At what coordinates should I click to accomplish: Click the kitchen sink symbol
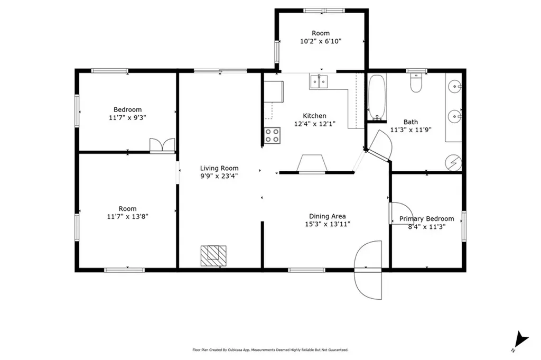pyautogui.click(x=319, y=81)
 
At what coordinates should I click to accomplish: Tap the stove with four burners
pyautogui.click(x=272, y=135)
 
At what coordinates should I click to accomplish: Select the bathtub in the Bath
pyautogui.click(x=377, y=98)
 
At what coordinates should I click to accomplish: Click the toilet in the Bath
pyautogui.click(x=416, y=84)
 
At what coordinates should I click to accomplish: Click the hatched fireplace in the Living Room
pyautogui.click(x=213, y=256)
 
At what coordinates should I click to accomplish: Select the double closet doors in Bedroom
pyautogui.click(x=162, y=146)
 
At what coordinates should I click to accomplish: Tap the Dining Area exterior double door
pyautogui.click(x=368, y=269)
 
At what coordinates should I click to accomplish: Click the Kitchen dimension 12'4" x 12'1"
pyautogui.click(x=314, y=124)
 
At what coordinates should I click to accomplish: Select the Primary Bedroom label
pyautogui.click(x=426, y=219)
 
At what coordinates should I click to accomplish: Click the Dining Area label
pyautogui.click(x=327, y=216)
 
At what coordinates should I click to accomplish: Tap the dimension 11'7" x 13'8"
pyautogui.click(x=127, y=217)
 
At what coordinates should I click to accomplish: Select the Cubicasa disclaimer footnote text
pyautogui.click(x=270, y=350)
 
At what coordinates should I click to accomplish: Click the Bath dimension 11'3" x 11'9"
pyautogui.click(x=411, y=130)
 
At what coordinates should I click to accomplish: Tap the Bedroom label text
pyautogui.click(x=127, y=110)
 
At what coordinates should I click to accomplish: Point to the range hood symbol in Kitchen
pyautogui.click(x=312, y=164)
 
